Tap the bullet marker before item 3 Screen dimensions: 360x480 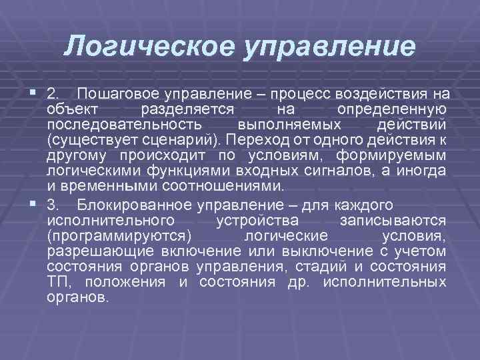click(x=34, y=203)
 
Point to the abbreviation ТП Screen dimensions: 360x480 click(x=56, y=282)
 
